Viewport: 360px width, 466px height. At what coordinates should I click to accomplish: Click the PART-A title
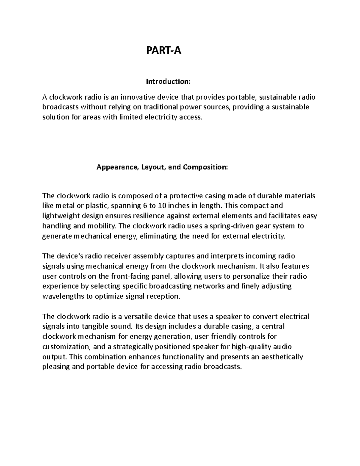point(163,51)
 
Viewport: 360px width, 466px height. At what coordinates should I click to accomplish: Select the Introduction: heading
point(168,81)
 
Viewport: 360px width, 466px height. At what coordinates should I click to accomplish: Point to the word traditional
point(161,107)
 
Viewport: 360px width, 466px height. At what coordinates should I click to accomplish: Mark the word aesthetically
point(282,357)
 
